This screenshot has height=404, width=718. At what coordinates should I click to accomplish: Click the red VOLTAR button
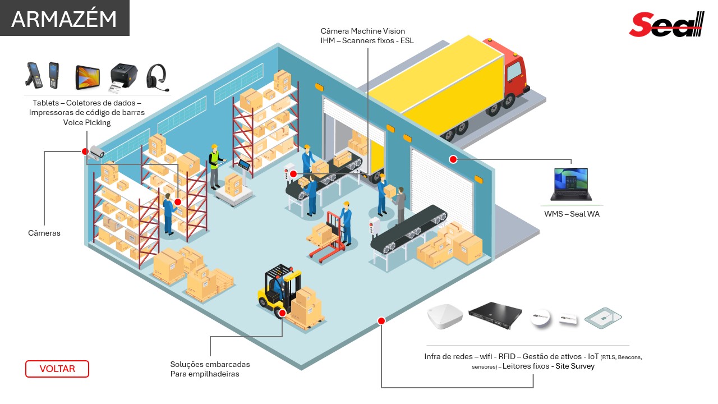pyautogui.click(x=57, y=369)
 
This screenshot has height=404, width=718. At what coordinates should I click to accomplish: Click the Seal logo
pyautogui.click(x=666, y=25)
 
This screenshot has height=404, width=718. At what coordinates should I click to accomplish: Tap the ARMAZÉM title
pyautogui.click(x=64, y=19)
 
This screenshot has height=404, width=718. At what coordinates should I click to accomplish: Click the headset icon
pyautogui.click(x=158, y=77)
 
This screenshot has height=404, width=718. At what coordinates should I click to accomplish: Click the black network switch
pyautogui.click(x=495, y=315)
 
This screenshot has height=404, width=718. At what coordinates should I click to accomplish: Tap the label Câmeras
pyautogui.click(x=44, y=233)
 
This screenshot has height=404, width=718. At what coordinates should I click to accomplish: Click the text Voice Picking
pyautogui.click(x=87, y=122)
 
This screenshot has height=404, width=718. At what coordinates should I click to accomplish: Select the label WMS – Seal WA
pyautogui.click(x=572, y=214)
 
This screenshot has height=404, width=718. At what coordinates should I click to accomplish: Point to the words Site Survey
pyautogui.click(x=575, y=366)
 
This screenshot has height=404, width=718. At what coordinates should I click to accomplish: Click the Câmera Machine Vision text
pyautogui.click(x=362, y=31)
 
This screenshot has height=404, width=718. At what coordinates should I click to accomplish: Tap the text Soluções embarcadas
pyautogui.click(x=210, y=364)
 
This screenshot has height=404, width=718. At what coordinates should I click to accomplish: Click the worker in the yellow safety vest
pyautogui.click(x=214, y=166)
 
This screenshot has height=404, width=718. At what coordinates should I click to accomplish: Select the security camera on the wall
pyautogui.click(x=97, y=151)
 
